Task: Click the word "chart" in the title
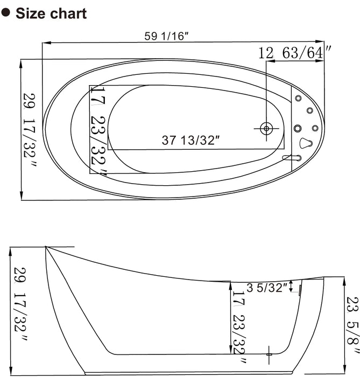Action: point(68,13)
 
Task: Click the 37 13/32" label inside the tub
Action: point(192,141)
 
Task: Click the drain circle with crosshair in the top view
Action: point(266,128)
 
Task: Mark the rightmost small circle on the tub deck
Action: point(314,128)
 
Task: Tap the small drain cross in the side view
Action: point(270,353)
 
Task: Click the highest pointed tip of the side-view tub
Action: point(46,248)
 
